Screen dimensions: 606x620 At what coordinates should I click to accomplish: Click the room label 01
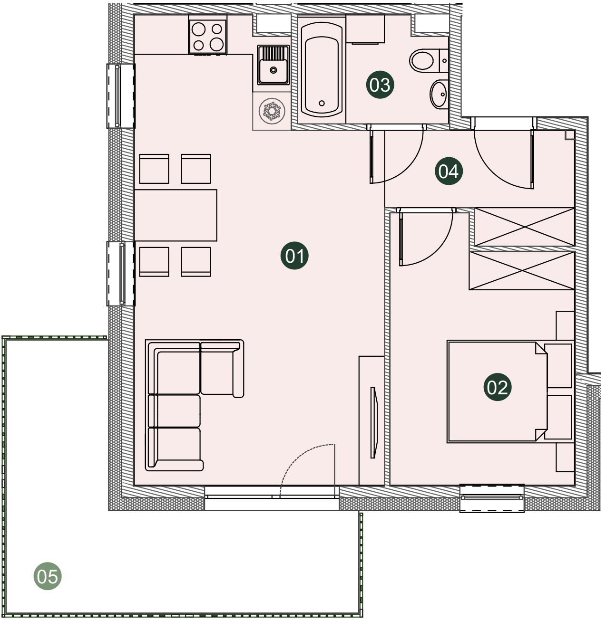pos(294,256)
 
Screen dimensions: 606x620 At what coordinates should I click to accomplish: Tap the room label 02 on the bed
pos(497,387)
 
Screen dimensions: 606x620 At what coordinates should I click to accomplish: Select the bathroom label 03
pos(380,85)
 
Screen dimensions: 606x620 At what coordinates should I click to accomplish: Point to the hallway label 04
pos(449,171)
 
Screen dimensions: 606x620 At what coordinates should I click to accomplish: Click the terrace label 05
pos(48,576)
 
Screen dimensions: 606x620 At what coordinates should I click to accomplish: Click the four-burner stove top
pos(208,37)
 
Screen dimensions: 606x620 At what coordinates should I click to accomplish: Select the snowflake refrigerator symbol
pos(272,111)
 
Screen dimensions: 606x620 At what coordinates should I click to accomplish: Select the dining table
pos(176,215)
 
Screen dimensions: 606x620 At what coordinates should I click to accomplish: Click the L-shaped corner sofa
pos(194,405)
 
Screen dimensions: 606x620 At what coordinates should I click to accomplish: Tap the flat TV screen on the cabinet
pos(373,422)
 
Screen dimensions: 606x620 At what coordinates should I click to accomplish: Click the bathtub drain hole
pos(322,103)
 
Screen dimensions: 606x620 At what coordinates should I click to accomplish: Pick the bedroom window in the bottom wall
pos(491,498)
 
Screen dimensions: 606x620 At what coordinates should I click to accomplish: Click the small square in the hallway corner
pos(570,135)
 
